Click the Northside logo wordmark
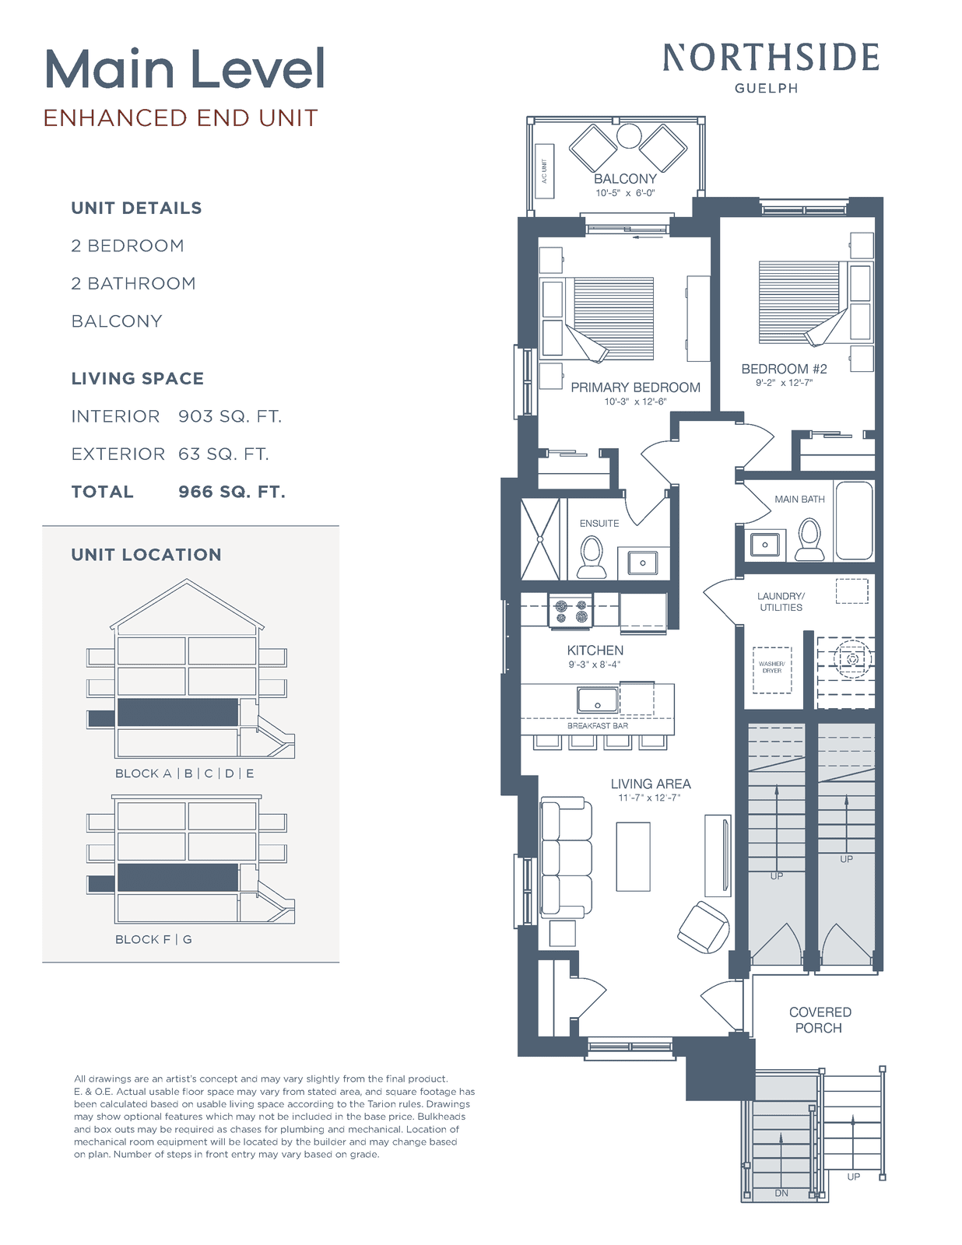[771, 58]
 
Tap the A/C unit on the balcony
[544, 170]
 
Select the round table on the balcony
[629, 136]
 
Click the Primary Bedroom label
[635, 388]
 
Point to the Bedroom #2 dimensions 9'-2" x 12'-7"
[784, 383]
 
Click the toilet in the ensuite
[592, 557]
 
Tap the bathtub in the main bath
[854, 521]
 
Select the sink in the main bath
[765, 544]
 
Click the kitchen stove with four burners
[571, 611]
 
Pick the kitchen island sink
[598, 700]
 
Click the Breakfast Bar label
[598, 725]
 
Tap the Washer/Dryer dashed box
[772, 670]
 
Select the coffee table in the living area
[633, 857]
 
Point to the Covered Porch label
[820, 1020]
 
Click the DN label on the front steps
[781, 1193]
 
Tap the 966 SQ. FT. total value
[231, 492]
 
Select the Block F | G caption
[153, 939]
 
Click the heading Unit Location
[146, 555]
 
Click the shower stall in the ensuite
[539, 539]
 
